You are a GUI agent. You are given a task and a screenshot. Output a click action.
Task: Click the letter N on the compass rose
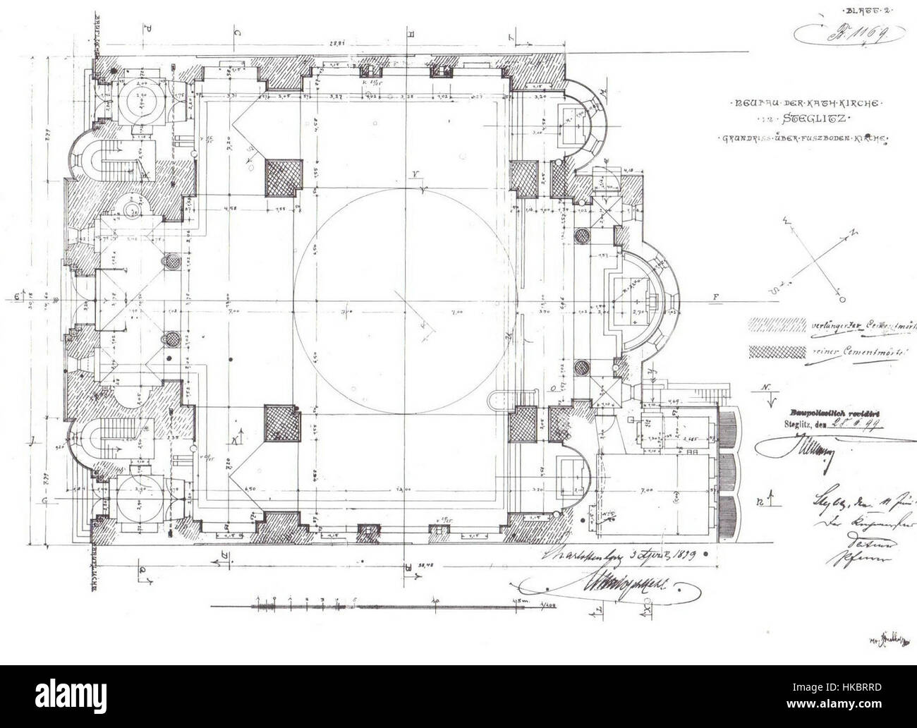point(851,231)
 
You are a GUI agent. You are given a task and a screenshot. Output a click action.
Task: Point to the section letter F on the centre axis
point(715,297)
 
